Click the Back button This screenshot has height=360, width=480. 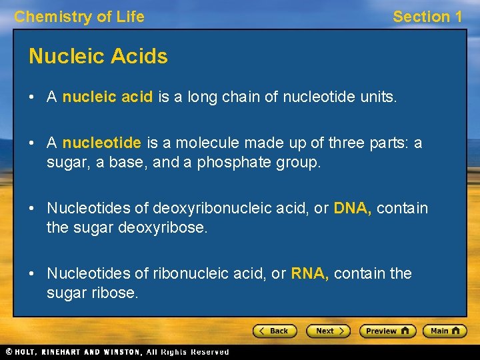coord(273,331)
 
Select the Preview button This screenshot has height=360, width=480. coord(387,331)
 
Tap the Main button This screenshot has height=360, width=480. coord(445,331)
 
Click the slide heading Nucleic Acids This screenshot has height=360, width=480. coord(98,57)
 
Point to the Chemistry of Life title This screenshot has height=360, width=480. coord(79,17)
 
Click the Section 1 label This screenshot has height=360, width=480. coord(427,17)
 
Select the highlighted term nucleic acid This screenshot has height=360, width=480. coord(107,98)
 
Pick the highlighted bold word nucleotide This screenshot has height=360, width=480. coord(101,143)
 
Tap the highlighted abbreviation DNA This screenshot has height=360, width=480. coord(353,208)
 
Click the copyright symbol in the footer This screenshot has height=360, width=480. coord(9,352)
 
